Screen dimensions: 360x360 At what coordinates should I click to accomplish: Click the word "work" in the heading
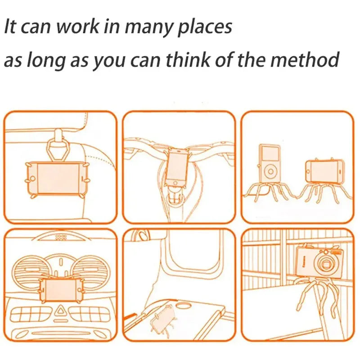[78, 27]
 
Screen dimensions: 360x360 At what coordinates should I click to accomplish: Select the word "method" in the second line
[304, 59]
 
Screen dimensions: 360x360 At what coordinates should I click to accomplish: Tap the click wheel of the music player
[271, 171]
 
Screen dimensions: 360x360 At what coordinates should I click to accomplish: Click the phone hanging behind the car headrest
[57, 178]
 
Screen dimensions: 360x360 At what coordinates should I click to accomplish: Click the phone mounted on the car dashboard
[61, 290]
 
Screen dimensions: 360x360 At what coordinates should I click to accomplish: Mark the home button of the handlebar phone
[175, 183]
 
